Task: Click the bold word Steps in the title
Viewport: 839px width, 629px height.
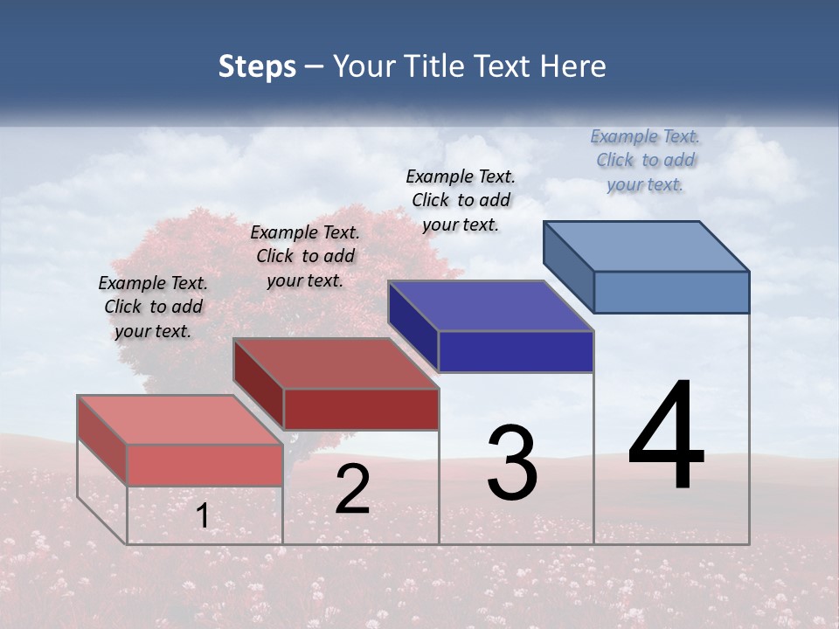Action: pyautogui.click(x=257, y=67)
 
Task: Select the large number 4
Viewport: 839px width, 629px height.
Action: pyautogui.click(x=666, y=436)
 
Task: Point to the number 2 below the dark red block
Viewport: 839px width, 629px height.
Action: pyautogui.click(x=352, y=490)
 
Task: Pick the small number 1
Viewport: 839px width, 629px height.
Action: pyautogui.click(x=202, y=516)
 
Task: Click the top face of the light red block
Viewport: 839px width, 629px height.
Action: pyautogui.click(x=179, y=419)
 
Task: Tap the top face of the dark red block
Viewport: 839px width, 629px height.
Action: pyautogui.click(x=336, y=363)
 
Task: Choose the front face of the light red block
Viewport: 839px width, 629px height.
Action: pyautogui.click(x=205, y=464)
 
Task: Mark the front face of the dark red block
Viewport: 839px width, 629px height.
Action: pyautogui.click(x=360, y=409)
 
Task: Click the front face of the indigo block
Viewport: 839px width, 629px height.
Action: pyautogui.click(x=516, y=351)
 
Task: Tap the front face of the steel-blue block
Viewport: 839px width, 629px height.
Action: pyautogui.click(x=671, y=292)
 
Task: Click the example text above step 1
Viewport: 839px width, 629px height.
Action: pyautogui.click(x=153, y=307)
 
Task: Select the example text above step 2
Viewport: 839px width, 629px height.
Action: pyautogui.click(x=305, y=256)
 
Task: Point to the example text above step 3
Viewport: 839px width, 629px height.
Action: pyautogui.click(x=461, y=200)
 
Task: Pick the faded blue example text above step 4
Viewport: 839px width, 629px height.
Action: pyautogui.click(x=645, y=160)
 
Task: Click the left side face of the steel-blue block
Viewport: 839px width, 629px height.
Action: pyautogui.click(x=568, y=266)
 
